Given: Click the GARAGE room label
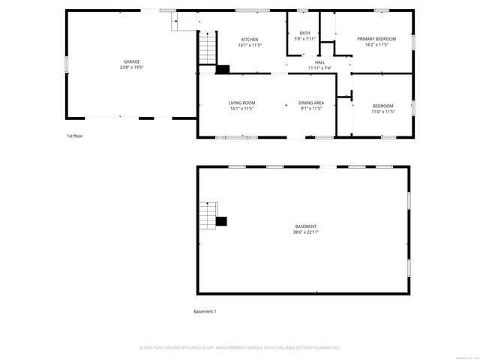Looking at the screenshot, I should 132,61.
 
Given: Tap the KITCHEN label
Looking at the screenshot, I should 249,39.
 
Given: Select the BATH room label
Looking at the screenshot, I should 304,33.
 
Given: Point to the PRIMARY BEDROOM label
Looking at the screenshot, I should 376,39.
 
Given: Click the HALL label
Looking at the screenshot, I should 319,62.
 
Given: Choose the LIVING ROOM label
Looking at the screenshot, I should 242,103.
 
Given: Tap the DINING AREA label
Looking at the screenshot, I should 310,103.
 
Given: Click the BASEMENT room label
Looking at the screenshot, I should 305,226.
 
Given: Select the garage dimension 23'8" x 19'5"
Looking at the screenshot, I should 132,67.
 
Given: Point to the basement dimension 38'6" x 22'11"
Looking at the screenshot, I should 305,232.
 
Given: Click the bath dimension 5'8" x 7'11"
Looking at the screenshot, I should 304,39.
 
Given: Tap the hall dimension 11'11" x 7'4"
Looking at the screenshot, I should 319,68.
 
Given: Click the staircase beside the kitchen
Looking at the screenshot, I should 206,52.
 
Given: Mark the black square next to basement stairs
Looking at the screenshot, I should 221,220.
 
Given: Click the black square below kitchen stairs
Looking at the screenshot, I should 222,69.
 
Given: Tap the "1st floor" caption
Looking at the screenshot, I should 73,136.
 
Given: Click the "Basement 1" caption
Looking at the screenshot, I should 205,311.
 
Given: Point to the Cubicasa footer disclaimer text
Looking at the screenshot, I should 240,347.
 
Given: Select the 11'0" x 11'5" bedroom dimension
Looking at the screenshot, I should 382,112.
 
